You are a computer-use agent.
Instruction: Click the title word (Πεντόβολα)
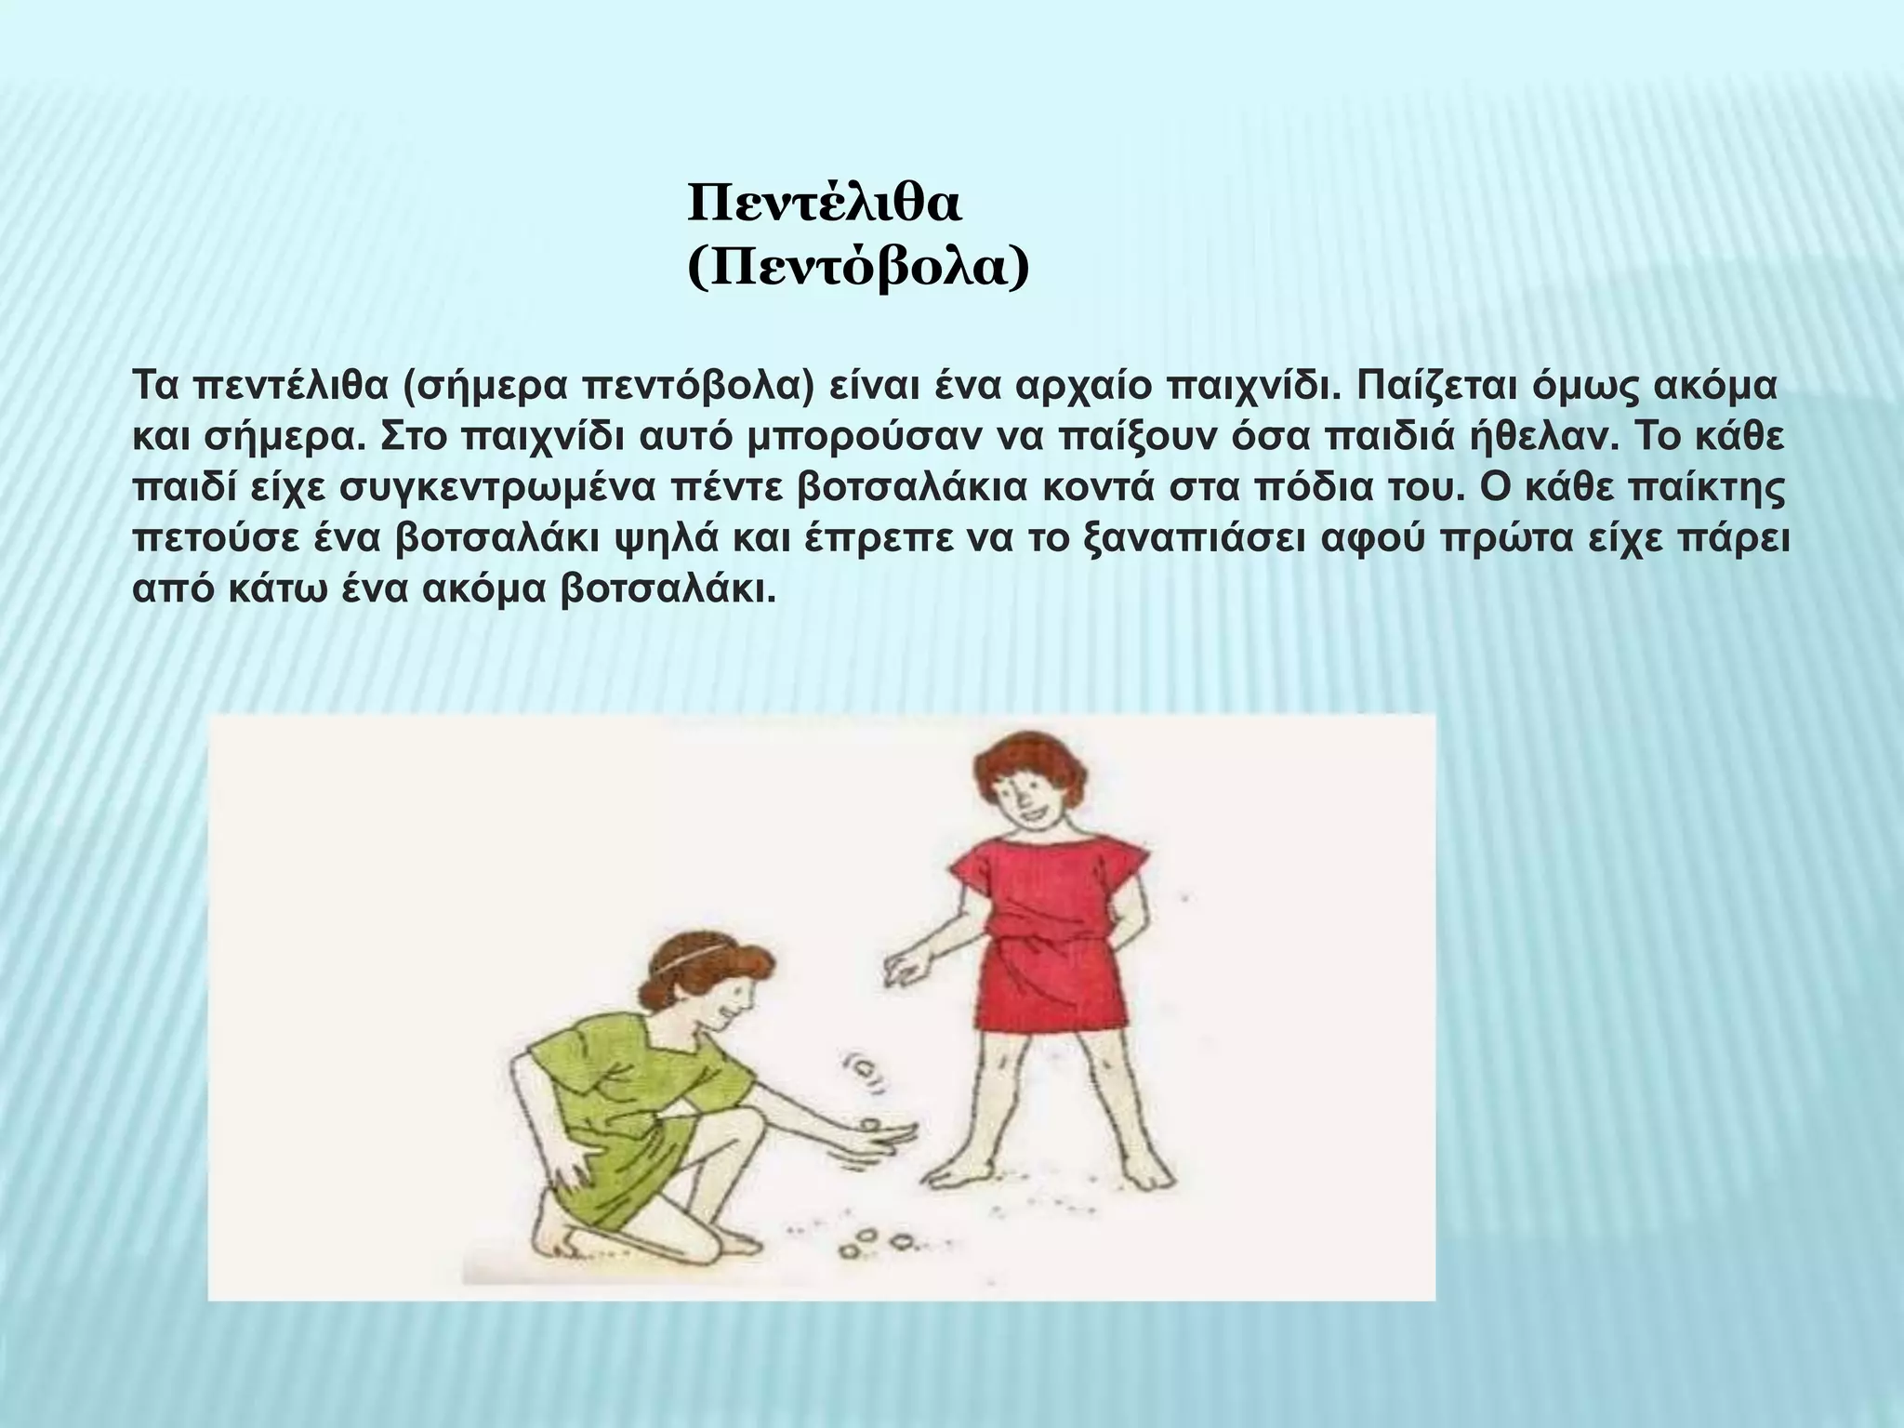click(858, 270)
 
